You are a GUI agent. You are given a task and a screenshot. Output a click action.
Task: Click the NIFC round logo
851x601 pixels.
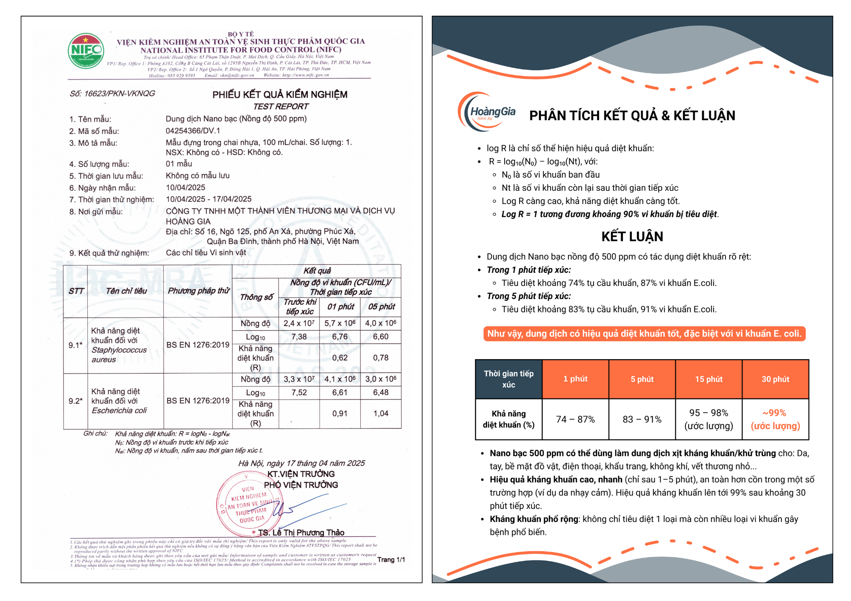point(86,51)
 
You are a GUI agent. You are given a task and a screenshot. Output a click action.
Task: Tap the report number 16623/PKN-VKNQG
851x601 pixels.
point(112,94)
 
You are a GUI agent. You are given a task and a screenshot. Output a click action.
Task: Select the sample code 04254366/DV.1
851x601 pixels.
point(193,130)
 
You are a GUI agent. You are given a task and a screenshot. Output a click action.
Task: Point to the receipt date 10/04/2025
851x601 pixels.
point(186,187)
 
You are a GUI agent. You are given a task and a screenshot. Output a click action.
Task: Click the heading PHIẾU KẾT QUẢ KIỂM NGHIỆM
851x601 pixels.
point(280,94)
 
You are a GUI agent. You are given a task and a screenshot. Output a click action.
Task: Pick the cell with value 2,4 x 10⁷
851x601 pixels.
point(299,323)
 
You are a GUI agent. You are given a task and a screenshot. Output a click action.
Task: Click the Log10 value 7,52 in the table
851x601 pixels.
point(299,392)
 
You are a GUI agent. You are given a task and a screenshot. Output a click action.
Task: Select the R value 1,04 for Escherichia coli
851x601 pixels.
point(381,413)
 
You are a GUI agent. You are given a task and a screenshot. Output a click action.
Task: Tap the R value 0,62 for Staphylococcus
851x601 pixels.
point(340,358)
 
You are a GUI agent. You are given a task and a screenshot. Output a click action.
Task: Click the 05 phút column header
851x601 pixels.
point(381,306)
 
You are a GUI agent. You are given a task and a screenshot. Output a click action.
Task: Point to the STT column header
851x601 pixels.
point(76,291)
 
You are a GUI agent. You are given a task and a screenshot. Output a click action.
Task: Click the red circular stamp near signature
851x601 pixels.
point(249,505)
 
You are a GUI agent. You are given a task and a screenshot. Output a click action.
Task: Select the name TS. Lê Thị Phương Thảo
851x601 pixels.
point(301,533)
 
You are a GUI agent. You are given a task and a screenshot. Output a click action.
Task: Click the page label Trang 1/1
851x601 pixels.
point(391,559)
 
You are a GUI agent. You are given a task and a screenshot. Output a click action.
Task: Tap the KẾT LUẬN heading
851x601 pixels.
point(632,236)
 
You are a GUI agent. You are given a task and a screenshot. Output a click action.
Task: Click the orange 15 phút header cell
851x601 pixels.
point(708,379)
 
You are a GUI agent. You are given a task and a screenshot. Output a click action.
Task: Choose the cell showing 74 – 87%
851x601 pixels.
point(575,419)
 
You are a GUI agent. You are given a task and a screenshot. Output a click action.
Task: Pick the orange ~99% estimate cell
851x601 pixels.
point(775,419)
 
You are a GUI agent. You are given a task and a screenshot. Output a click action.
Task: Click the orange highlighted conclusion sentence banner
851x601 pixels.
point(644,334)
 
